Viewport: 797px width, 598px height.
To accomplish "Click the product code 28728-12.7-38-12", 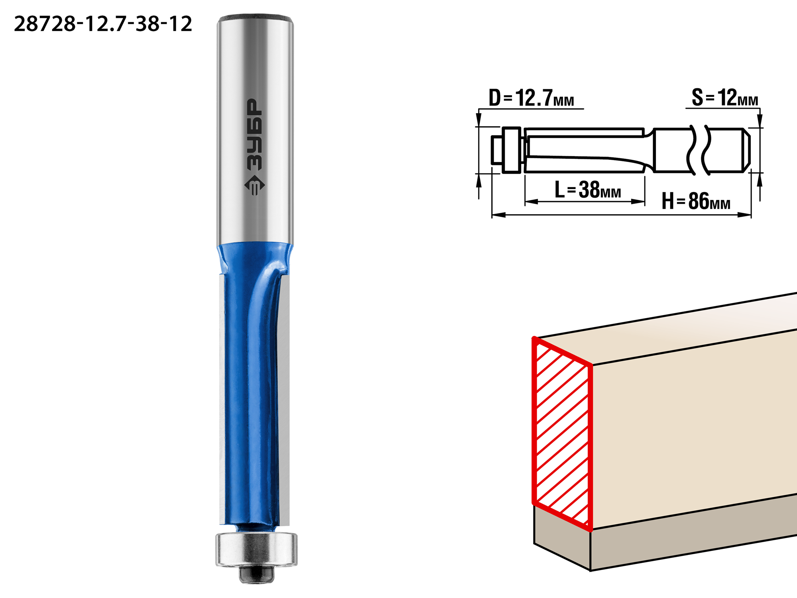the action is point(103,24).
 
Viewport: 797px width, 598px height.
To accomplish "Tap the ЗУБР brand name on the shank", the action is point(255,135).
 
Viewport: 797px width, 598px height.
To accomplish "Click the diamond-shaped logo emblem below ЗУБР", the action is point(254,185).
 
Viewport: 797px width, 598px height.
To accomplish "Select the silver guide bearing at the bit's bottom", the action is point(256,549).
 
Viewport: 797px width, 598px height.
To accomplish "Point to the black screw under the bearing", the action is point(256,574).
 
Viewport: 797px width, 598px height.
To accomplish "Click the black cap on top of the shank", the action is point(255,18).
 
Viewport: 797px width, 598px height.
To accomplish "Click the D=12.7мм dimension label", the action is point(531,98).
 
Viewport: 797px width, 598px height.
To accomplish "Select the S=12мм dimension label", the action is point(725,98).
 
